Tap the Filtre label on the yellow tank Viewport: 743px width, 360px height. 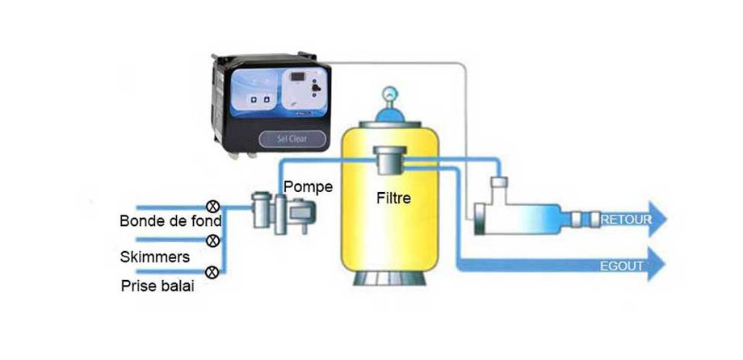(x=394, y=196)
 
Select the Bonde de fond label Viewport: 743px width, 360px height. (x=170, y=220)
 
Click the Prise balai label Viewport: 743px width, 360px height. (x=157, y=286)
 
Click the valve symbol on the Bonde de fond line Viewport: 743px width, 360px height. (x=214, y=206)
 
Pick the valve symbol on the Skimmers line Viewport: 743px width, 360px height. (x=213, y=240)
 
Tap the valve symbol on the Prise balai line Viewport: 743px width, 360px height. (x=212, y=272)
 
